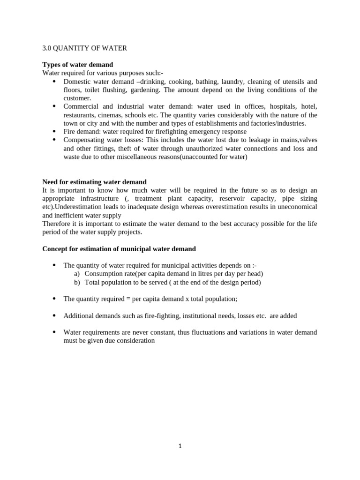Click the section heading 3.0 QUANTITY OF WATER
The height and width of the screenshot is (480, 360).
[x=84, y=48]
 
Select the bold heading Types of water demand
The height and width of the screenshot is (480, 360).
[x=77, y=65]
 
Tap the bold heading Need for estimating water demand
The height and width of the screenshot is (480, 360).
[x=94, y=182]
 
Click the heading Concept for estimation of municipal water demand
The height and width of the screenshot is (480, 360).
[x=119, y=249]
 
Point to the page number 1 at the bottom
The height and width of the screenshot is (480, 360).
[x=180, y=446]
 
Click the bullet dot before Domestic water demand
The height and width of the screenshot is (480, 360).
[x=54, y=82]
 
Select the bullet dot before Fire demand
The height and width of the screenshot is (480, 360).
[x=54, y=132]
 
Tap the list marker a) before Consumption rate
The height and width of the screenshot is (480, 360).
[x=77, y=274]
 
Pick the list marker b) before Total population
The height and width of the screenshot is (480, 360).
[x=77, y=282]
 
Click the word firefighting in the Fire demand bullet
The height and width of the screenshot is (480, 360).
[x=171, y=132]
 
